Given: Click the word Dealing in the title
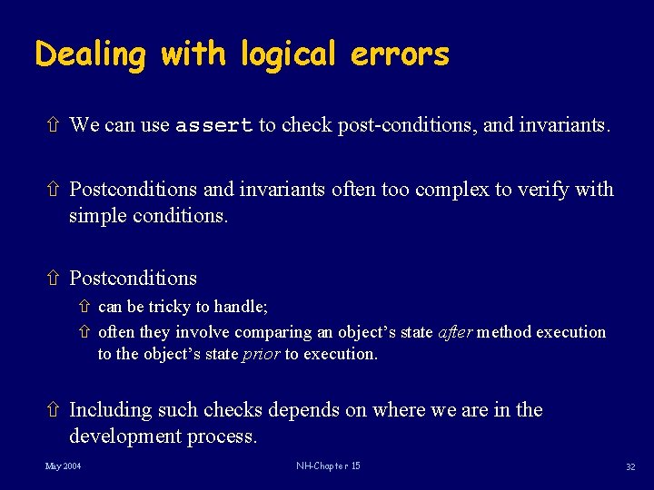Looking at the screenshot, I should point(90,54).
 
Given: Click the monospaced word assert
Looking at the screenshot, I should point(213,125).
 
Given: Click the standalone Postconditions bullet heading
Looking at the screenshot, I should point(133,278).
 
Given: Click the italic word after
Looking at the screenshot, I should point(455,332).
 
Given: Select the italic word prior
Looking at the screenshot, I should point(261,354).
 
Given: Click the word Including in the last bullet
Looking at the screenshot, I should point(111,410).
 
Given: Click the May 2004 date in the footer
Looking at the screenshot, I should point(63,466).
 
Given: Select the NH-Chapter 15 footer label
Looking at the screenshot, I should point(328,466).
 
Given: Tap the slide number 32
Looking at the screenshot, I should point(629,466).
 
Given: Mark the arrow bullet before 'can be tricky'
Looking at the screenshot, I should point(87,308).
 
